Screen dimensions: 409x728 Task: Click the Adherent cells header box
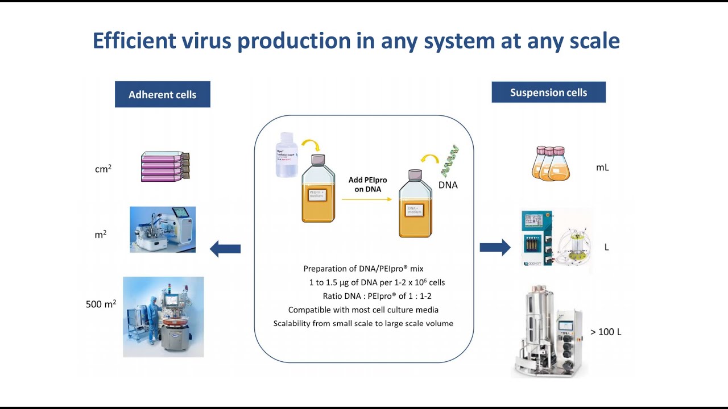click(162, 94)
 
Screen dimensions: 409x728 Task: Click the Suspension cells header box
click(548, 92)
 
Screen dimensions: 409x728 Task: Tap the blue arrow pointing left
click(225, 248)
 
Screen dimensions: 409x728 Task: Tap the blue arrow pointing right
click(495, 247)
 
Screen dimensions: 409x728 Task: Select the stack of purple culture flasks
click(165, 166)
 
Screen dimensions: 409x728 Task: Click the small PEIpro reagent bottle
click(287, 155)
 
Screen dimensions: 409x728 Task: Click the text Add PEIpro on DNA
click(367, 185)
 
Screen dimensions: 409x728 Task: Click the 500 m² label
click(101, 304)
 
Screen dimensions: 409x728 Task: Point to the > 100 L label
click(606, 332)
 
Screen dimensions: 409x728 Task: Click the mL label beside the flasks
click(602, 168)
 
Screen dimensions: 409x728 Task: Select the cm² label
click(103, 169)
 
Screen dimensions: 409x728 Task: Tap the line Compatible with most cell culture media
click(363, 310)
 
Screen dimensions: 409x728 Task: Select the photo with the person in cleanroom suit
click(163, 316)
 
